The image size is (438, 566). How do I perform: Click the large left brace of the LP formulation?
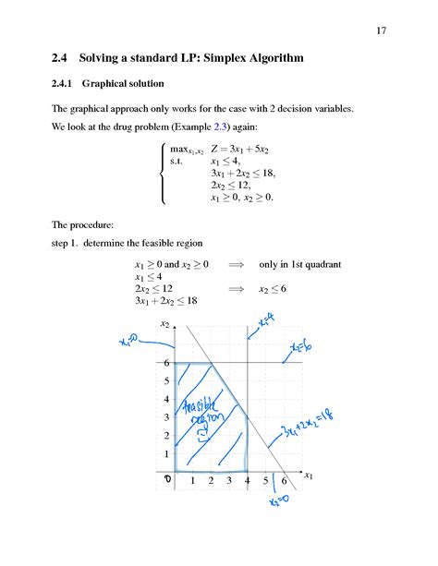tap(163, 173)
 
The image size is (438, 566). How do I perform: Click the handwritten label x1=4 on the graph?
tap(265, 322)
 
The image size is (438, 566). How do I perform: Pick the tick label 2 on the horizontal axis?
tap(211, 481)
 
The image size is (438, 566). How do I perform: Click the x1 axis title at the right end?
tap(309, 476)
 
